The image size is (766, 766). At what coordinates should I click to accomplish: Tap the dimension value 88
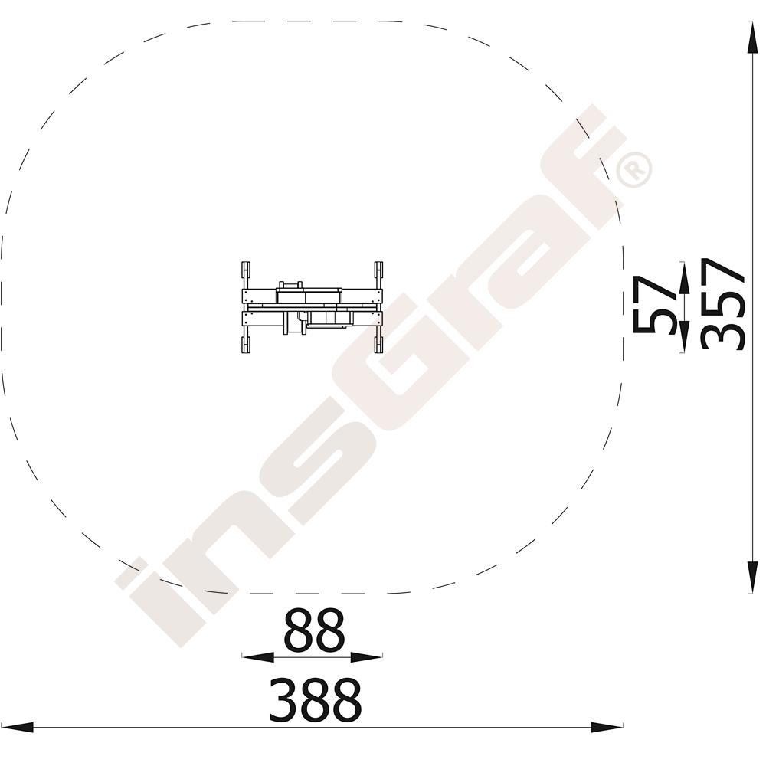pyautogui.click(x=314, y=630)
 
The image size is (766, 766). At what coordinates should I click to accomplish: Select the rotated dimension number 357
pyautogui.click(x=722, y=304)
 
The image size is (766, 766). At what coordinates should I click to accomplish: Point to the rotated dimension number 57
pyautogui.click(x=655, y=304)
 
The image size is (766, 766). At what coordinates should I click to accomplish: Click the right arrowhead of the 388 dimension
pyautogui.click(x=607, y=727)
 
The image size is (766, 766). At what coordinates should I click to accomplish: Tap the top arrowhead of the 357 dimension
pyautogui.click(x=752, y=37)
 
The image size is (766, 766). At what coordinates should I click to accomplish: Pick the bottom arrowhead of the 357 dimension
pyautogui.click(x=752, y=578)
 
